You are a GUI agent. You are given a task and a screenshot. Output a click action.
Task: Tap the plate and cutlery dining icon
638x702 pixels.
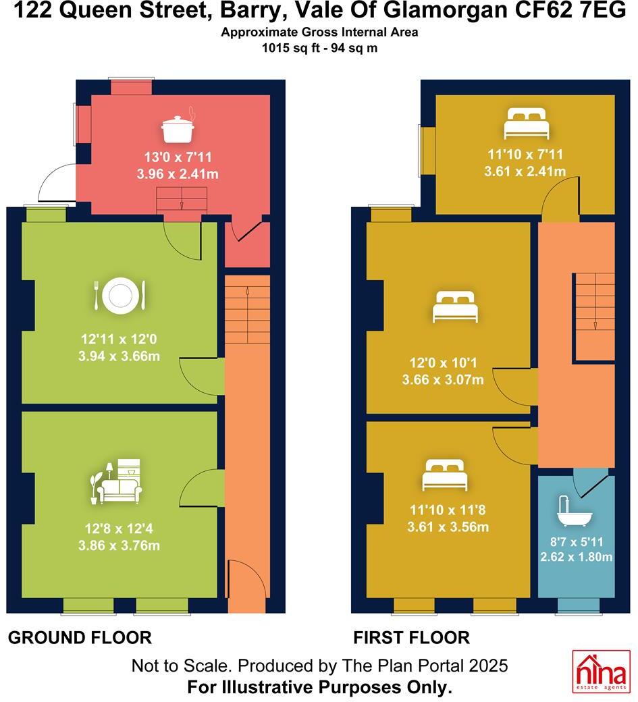click(119, 296)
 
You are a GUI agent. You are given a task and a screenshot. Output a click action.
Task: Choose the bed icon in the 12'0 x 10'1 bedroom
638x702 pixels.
click(454, 307)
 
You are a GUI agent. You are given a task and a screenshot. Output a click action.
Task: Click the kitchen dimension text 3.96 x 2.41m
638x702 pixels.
click(178, 174)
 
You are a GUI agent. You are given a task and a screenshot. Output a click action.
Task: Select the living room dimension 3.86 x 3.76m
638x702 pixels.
click(119, 545)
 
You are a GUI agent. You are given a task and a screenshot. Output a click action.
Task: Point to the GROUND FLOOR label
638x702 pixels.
click(80, 637)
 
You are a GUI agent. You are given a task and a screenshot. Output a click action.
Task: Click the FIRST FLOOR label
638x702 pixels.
click(411, 637)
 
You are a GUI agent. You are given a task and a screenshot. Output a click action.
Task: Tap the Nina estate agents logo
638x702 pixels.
click(601, 672)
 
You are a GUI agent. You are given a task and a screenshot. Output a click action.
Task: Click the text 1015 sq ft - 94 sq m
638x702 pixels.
click(319, 48)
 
